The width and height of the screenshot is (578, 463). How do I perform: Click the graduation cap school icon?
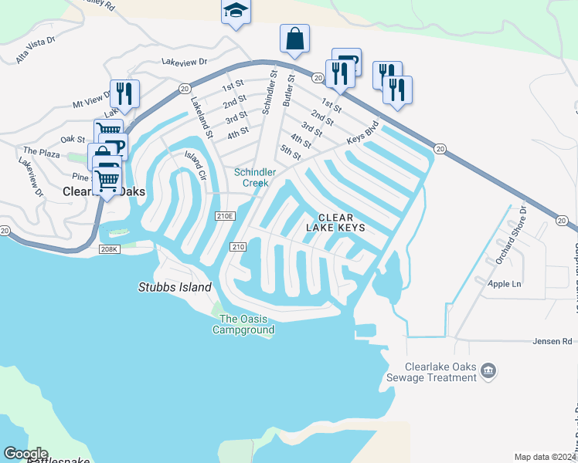tap(236, 12)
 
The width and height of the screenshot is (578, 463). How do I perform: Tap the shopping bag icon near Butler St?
tap(294, 38)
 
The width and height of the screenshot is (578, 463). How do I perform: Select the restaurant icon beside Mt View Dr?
tap(124, 93)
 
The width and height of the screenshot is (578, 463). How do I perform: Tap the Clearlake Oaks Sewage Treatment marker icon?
tap(488, 371)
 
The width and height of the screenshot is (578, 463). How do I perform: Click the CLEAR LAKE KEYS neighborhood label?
tap(335, 223)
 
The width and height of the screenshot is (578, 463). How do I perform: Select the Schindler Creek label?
tap(251, 177)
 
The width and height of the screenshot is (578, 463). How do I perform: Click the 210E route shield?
tap(225, 215)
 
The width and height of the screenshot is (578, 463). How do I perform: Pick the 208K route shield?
tap(109, 249)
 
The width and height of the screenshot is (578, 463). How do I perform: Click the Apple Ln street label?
tap(505, 284)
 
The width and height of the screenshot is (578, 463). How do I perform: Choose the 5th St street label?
tap(291, 153)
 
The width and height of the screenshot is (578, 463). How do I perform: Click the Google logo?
tap(25, 454)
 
